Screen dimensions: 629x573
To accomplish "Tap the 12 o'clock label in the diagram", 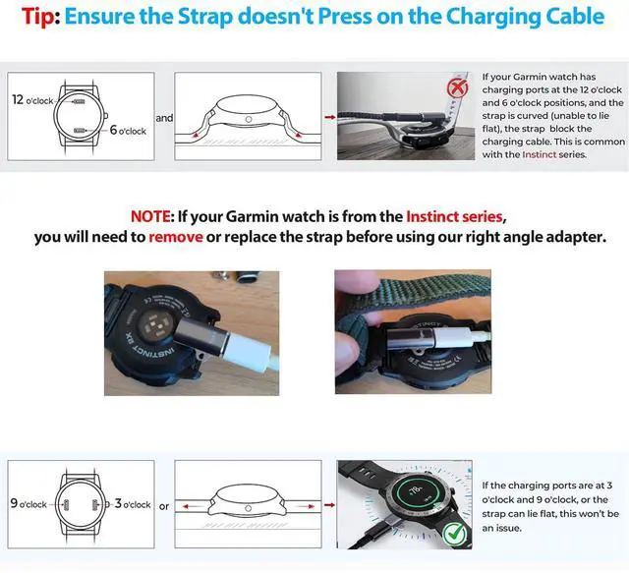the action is [x=32, y=100].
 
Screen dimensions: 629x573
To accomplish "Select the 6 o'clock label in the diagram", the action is [x=128, y=130].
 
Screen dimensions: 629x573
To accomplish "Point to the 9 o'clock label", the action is [x=29, y=503].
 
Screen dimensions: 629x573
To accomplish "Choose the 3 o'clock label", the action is [x=133, y=503].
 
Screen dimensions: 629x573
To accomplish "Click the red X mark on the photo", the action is [x=457, y=87].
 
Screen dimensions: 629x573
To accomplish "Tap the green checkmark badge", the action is [x=454, y=534].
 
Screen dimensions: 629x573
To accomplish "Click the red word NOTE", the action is [x=150, y=216].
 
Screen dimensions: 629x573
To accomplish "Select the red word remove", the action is [x=176, y=237].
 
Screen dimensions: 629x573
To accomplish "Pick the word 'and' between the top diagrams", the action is [x=164, y=118].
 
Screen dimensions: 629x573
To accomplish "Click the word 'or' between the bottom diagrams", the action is [x=164, y=506].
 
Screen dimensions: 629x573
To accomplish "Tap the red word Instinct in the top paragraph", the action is [x=540, y=154].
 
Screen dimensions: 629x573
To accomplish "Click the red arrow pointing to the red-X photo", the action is [x=330, y=117].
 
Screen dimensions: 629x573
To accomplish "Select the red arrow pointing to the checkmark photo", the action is [x=330, y=505].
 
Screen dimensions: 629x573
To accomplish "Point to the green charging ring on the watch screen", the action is [x=415, y=490].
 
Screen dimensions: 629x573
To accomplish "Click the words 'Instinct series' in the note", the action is [x=454, y=216].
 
